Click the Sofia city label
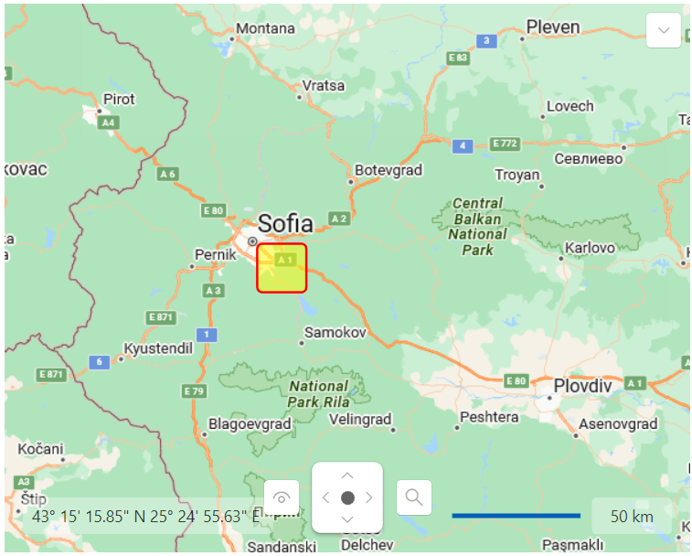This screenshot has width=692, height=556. point(285,223)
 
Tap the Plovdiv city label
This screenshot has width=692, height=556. point(582,386)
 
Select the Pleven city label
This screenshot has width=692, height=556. point(553,27)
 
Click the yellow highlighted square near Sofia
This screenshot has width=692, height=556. point(282,268)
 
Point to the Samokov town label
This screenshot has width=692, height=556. point(335,333)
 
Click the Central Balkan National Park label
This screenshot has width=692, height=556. point(477,227)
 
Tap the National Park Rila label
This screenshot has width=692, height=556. point(318,394)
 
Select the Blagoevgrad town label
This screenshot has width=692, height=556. point(250,424)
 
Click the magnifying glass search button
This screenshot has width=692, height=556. point(414,497)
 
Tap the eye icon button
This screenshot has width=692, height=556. point(282,498)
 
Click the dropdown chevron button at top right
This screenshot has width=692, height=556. point(663,30)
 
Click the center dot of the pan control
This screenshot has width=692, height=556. point(347,497)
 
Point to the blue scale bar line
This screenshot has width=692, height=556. point(516,516)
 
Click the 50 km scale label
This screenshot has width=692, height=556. point(632,517)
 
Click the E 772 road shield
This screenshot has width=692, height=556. point(505,144)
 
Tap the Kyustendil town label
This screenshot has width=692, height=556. point(158,348)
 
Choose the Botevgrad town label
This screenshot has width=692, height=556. point(389,170)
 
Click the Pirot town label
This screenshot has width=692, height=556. point(119,99)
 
